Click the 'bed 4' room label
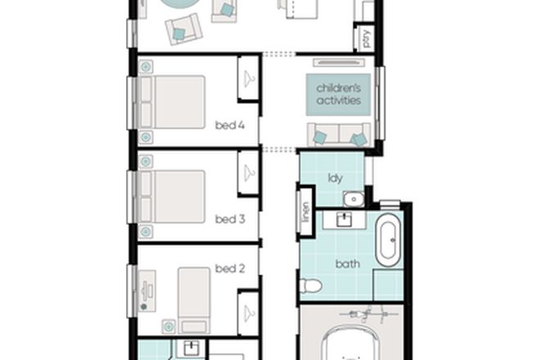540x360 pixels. tap(230, 125)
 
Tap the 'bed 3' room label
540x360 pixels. tap(230, 219)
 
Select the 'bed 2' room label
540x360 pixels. tap(230, 268)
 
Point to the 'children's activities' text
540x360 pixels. tap(339, 94)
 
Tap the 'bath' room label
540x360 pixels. tap(347, 264)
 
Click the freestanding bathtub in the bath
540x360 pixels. tap(389, 241)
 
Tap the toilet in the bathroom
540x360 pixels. tap(309, 286)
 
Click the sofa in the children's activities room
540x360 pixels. tap(337, 135)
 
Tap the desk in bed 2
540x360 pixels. tap(146, 290)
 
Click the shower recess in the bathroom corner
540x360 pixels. tap(388, 286)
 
